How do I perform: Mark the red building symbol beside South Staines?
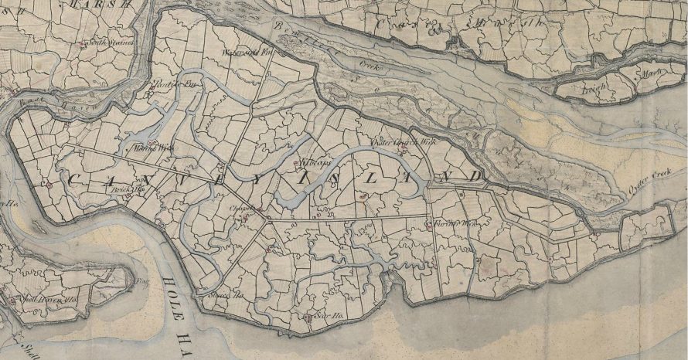(x=83, y=44)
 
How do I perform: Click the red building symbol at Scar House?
(x=308, y=316)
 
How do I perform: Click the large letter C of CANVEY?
(x=76, y=179)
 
